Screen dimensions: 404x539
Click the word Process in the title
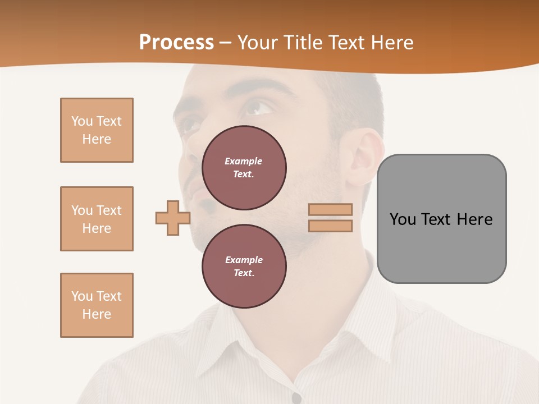pos(176,43)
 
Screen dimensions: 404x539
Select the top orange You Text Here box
pos(97,130)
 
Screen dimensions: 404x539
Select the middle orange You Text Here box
pos(97,219)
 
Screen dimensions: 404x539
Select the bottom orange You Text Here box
pos(97,305)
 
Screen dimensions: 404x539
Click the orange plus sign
pos(173,218)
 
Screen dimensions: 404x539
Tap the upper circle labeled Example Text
pos(244,167)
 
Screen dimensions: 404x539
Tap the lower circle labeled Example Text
pos(244,266)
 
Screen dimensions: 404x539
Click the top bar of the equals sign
pos(330,209)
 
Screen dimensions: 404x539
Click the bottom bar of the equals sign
pos(330,226)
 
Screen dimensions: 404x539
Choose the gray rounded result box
pos(441,219)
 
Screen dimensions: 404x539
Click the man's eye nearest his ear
pos(259,107)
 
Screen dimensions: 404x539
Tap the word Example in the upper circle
pos(244,161)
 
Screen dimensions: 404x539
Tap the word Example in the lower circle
pos(244,260)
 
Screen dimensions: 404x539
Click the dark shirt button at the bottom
pos(296,398)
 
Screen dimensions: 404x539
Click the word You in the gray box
pos(403,219)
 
